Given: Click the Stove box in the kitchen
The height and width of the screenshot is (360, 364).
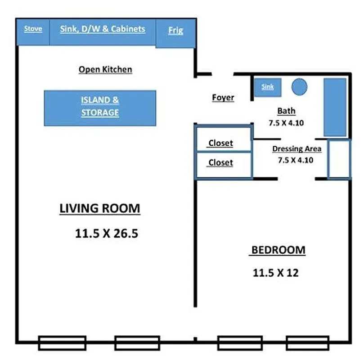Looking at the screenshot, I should [33, 31].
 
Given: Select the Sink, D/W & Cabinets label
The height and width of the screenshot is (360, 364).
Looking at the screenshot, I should [103, 29].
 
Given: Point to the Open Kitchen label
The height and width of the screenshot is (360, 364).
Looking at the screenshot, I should [105, 70].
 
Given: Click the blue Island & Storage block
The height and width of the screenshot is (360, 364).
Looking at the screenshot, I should [100, 108].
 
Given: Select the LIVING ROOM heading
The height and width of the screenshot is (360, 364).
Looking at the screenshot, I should [100, 209].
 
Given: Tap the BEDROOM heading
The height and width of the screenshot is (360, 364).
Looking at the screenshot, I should [278, 250].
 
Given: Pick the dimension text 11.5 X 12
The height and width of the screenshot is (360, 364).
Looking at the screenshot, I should [276, 272].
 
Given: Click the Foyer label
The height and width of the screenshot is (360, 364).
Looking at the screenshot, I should [223, 98].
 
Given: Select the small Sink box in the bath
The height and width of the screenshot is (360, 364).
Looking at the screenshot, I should [268, 87].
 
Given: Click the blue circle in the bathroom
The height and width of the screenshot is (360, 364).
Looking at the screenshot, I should [299, 86].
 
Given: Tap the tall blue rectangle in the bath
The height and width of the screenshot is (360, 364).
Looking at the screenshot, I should [335, 107].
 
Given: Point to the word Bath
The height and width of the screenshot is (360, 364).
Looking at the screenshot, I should [287, 111].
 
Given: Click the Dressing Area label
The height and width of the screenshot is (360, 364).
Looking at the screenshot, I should [297, 149].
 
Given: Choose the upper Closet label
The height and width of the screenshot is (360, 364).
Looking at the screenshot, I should [220, 144].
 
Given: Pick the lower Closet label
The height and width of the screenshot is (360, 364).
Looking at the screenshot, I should [220, 162].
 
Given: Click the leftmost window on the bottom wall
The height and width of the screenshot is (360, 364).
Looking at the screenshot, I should [62, 343].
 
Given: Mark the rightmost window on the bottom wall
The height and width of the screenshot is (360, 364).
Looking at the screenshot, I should [308, 343].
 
